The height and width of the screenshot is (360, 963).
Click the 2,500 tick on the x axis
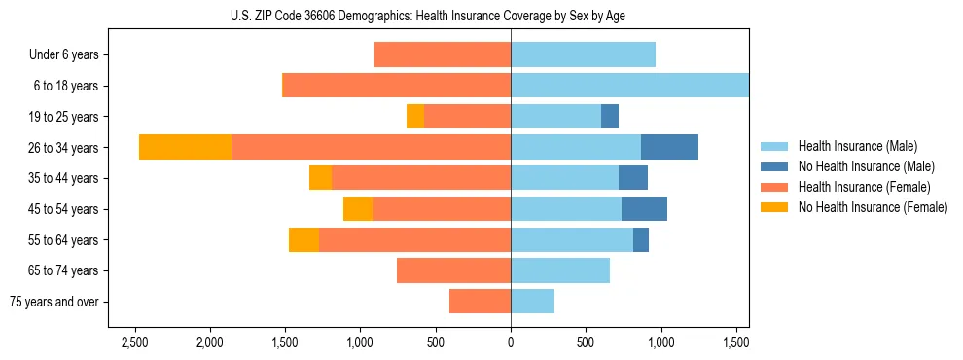tap(134, 342)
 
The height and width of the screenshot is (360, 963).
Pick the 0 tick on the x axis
tap(511, 342)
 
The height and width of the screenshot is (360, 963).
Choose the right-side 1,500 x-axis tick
tap(735, 342)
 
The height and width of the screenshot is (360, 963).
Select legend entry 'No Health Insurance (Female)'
tap(873, 207)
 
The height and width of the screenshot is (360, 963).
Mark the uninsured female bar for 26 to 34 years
tap(185, 147)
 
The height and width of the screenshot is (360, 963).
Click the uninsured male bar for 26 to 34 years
tap(669, 147)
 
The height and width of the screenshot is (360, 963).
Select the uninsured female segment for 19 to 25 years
tap(415, 117)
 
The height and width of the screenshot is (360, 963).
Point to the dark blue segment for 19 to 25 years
tap(610, 117)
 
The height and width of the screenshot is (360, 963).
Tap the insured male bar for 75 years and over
tap(532, 302)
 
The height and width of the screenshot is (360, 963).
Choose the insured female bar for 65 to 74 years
tap(453, 270)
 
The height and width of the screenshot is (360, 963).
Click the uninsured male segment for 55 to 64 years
tap(641, 239)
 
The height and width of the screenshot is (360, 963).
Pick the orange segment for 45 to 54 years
tap(358, 209)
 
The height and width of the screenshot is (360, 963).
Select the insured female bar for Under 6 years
tap(442, 55)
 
